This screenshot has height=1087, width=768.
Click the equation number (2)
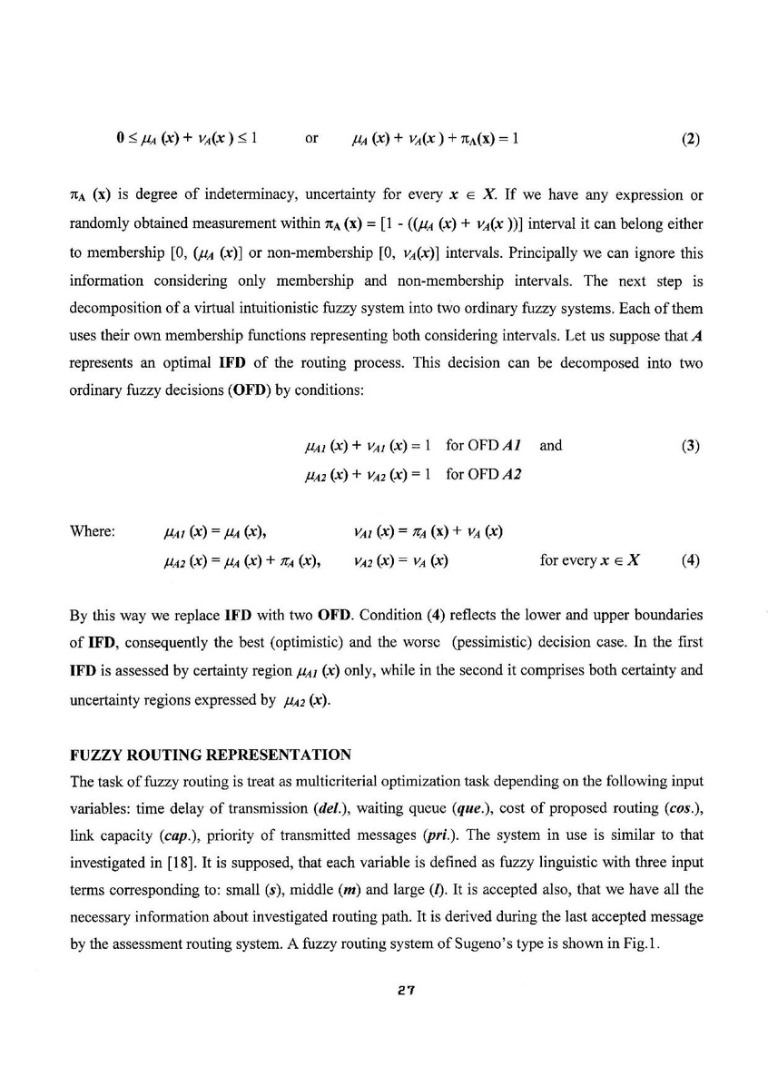pyautogui.click(x=689, y=140)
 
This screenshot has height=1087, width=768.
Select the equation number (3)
pyautogui.click(x=689, y=446)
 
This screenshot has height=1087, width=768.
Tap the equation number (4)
pyautogui.click(x=689, y=560)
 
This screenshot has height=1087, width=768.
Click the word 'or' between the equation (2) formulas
pyautogui.click(x=311, y=140)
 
